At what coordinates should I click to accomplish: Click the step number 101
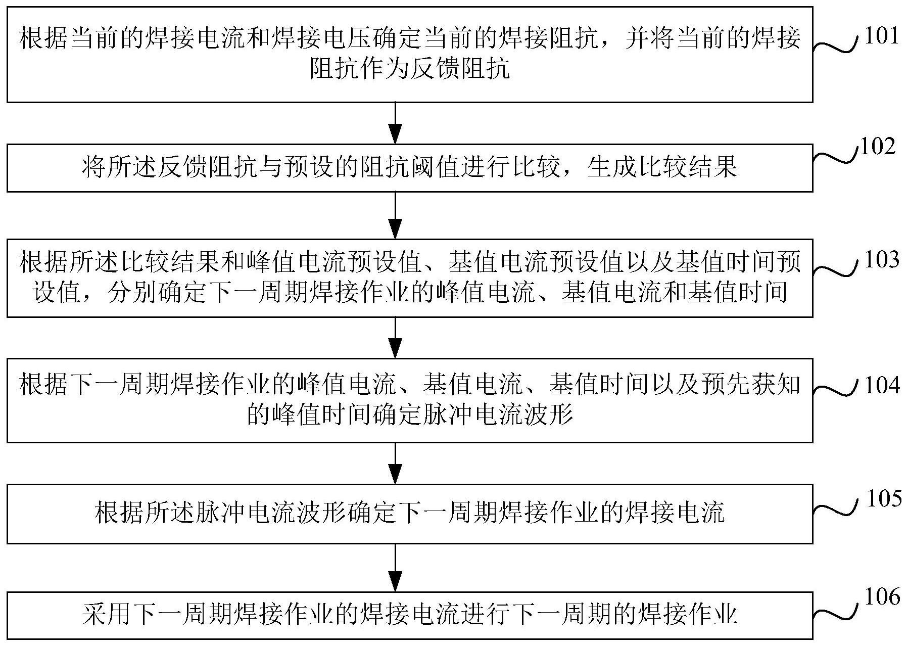click(881, 36)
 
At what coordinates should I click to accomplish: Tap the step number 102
click(877, 147)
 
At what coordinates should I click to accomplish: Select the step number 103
click(882, 260)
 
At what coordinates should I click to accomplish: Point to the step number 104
click(882, 385)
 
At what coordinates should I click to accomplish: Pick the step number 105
click(884, 498)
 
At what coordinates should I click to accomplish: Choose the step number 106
click(882, 597)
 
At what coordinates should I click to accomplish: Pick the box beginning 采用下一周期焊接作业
click(409, 615)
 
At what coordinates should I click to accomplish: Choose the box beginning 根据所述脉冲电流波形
click(409, 514)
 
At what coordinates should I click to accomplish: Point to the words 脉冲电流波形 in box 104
click(498, 415)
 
